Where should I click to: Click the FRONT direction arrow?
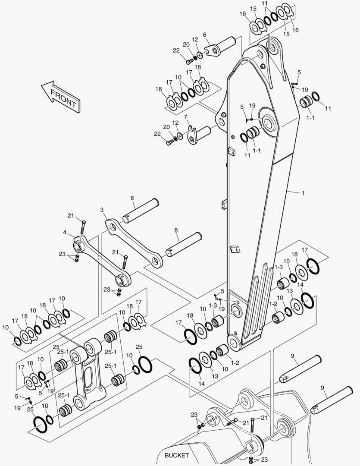(x=61, y=96)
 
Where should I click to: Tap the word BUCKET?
(x=177, y=455)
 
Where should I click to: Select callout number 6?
(x=204, y=35)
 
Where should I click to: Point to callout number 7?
(x=185, y=117)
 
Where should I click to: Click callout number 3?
(x=102, y=210)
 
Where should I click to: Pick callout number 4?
(x=64, y=232)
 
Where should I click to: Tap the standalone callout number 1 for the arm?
(x=303, y=193)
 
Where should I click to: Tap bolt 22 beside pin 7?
(x=169, y=142)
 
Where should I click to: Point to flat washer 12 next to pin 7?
(x=180, y=137)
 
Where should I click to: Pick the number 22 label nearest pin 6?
(x=176, y=50)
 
